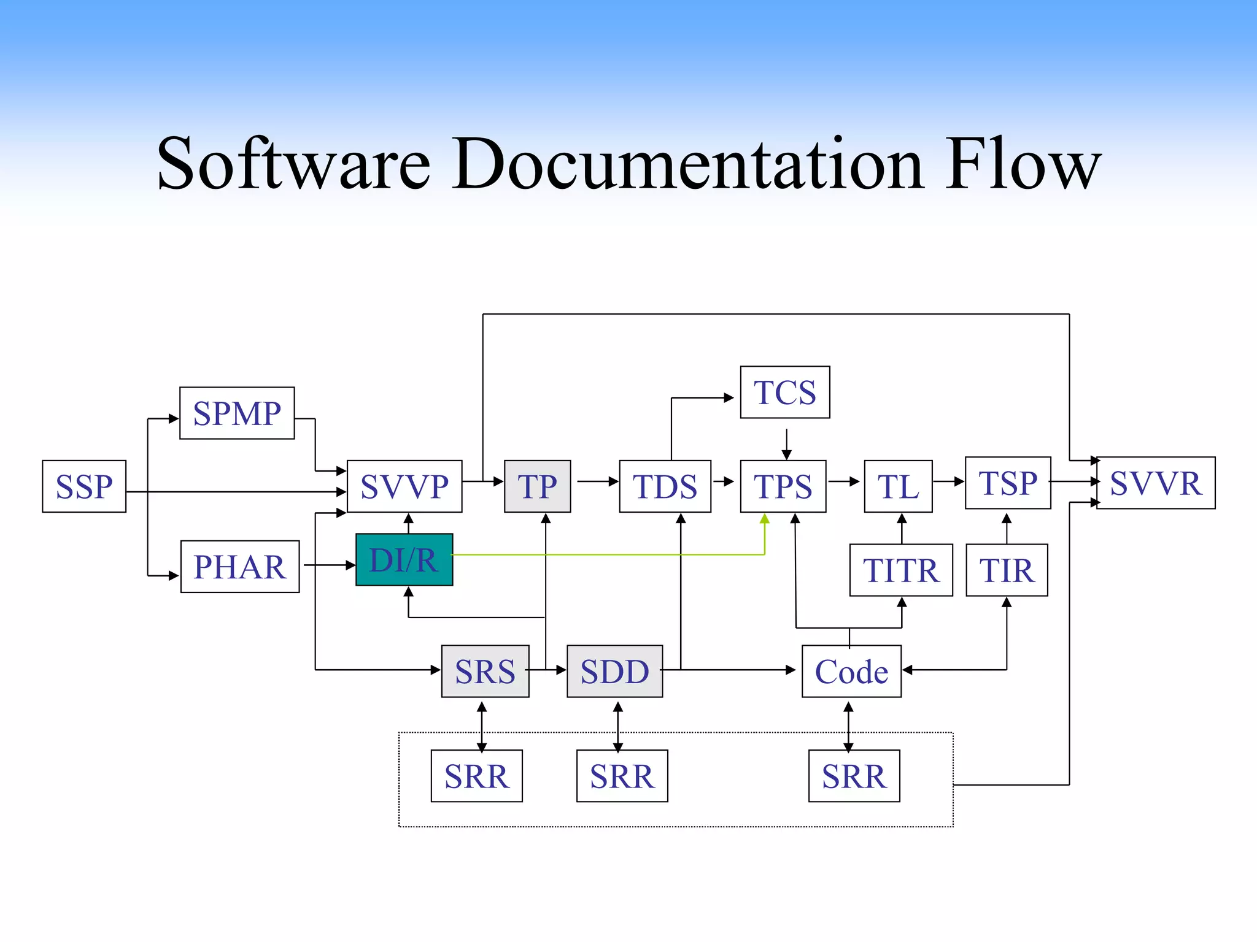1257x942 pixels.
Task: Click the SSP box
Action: (84, 486)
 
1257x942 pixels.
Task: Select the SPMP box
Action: (237, 413)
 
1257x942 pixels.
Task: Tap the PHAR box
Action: (240, 567)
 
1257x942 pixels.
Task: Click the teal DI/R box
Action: (404, 559)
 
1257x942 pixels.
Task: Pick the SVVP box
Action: (404, 486)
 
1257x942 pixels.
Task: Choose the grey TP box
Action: (537, 486)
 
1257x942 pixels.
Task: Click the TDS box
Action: (665, 486)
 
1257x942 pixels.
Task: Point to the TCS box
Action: (785, 392)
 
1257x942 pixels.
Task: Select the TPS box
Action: (783, 486)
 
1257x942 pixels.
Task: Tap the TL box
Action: (898, 486)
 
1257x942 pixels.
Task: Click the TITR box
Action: (901, 570)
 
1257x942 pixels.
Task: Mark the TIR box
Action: (1007, 570)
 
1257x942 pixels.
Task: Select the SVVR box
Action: (1156, 483)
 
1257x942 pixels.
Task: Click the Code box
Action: (851, 671)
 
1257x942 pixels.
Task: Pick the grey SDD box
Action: (614, 671)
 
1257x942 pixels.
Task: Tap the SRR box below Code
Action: (854, 776)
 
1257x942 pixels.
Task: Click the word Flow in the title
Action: (1023, 164)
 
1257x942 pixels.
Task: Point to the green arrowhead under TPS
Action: (765, 519)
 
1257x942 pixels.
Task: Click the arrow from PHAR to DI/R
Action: (329, 565)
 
